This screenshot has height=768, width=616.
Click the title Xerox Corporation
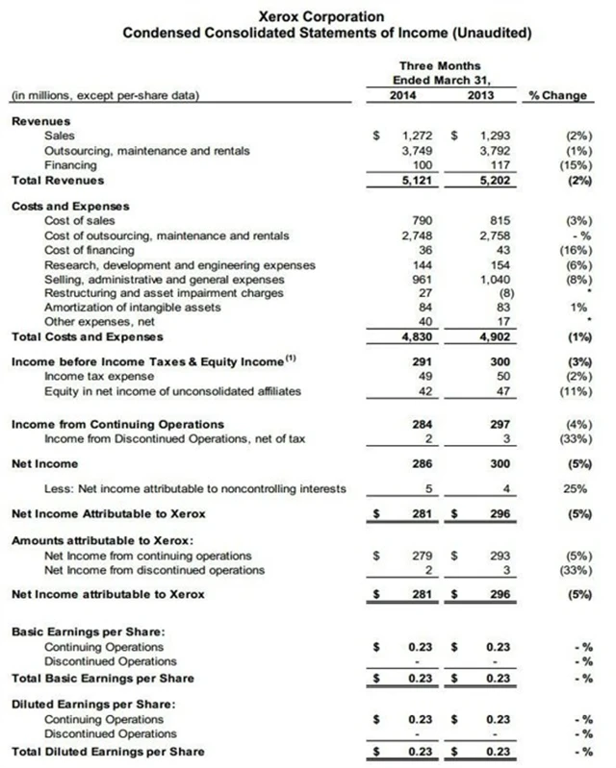pos(308,16)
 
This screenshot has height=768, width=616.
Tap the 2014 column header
pos(407,96)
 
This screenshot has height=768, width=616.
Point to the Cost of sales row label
pos(75,221)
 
